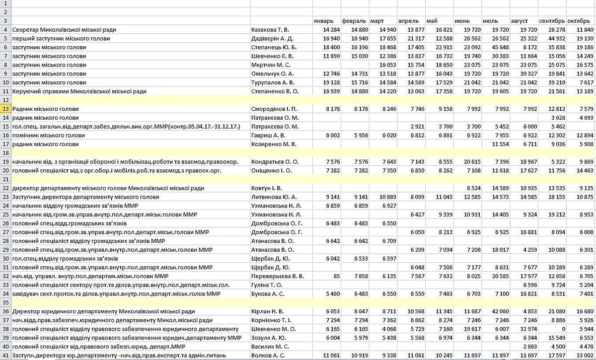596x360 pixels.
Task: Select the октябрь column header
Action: (579, 21)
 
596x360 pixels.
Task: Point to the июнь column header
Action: (462, 21)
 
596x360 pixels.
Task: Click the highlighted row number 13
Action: (6, 109)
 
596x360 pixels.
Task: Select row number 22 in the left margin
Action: (6, 188)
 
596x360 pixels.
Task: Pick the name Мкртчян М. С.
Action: (271, 65)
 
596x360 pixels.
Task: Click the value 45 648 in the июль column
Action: (498, 47)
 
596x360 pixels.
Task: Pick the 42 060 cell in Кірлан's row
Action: (498, 311)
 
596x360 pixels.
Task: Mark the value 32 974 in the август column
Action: (527, 329)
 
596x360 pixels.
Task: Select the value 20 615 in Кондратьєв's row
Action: (470, 162)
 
